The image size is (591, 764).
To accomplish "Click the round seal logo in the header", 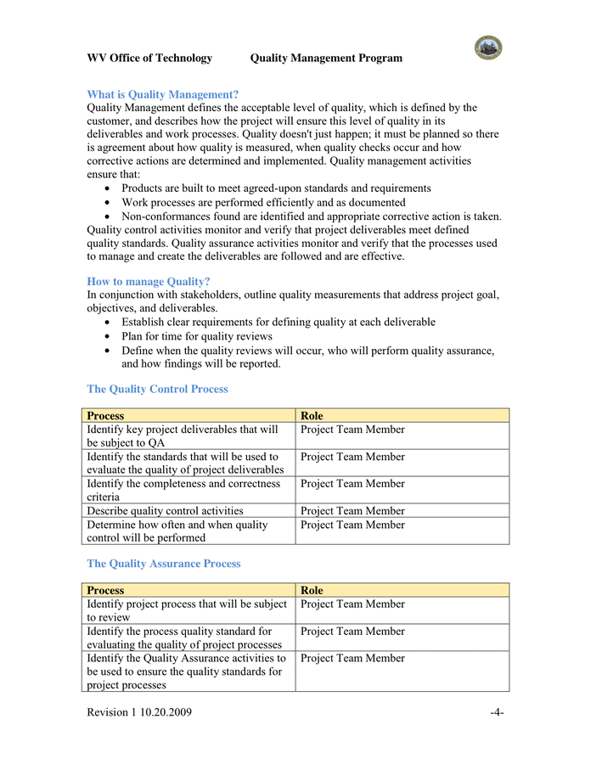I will click(487, 48).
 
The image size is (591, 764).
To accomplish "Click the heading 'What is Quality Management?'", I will click(162, 94).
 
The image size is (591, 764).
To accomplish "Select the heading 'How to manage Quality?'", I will click(149, 281).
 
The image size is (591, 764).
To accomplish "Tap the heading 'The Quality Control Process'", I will click(157, 389).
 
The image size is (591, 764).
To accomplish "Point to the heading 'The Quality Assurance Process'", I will click(164, 563).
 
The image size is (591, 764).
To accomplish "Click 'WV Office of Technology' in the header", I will click(149, 58).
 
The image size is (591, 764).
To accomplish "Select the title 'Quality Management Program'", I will click(326, 58).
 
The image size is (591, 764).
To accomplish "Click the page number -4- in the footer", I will click(497, 712).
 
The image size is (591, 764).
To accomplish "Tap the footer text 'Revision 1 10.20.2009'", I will click(139, 712).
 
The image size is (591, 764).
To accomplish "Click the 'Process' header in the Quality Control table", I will click(105, 416).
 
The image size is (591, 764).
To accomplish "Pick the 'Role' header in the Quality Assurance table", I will click(312, 590).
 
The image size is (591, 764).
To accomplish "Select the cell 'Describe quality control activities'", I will click(165, 511).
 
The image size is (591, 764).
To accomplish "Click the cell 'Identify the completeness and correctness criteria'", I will click(183, 490).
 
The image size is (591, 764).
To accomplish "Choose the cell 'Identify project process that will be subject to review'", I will click(187, 610).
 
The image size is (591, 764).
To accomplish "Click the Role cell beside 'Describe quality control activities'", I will click(352, 511).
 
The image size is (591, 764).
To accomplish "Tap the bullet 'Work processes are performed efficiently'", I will click(263, 202).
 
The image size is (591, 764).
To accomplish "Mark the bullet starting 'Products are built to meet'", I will click(276, 188).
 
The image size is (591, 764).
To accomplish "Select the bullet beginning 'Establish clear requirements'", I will click(278, 322).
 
